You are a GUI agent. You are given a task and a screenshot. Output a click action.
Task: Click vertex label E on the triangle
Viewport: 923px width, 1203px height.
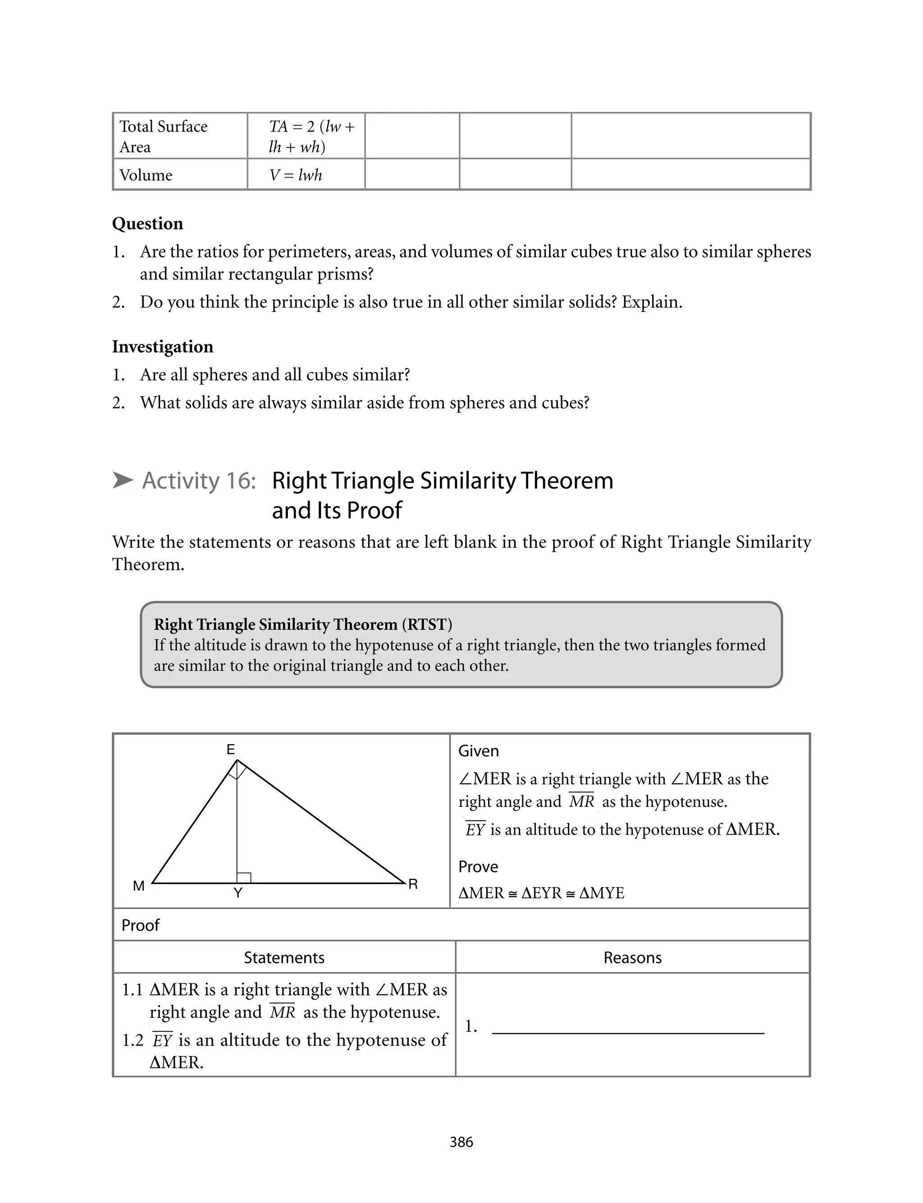(x=231, y=749)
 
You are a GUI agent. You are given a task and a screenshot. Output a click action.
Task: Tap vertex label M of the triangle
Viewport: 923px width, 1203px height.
(x=139, y=886)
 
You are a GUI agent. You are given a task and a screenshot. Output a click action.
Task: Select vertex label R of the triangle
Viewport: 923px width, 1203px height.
(x=413, y=884)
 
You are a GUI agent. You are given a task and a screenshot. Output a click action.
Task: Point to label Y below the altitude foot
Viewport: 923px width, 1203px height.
(x=238, y=893)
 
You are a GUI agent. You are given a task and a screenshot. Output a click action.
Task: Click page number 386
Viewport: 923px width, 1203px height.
(x=461, y=1142)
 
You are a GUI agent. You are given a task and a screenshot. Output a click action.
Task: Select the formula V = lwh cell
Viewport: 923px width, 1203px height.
(x=296, y=175)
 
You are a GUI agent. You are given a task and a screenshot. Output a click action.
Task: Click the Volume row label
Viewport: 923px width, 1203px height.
(x=146, y=175)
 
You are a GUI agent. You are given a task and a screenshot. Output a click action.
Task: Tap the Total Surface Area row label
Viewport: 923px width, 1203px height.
(x=163, y=137)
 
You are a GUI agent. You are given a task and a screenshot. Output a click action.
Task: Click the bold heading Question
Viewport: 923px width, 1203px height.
(x=147, y=224)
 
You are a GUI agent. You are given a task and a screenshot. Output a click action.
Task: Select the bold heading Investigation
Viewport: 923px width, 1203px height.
(x=163, y=347)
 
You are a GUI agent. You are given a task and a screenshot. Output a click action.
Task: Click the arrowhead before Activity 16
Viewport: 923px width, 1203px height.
(x=123, y=480)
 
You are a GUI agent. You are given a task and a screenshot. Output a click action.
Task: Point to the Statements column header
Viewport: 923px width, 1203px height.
(x=284, y=957)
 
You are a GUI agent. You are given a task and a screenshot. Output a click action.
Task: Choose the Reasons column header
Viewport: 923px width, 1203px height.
(x=632, y=957)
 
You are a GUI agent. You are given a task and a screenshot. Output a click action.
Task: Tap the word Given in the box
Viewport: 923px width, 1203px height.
(x=479, y=751)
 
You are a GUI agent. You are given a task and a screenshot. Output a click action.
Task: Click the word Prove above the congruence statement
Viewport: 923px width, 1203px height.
(x=478, y=866)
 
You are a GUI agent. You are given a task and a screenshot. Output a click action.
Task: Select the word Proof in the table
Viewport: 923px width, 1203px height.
(x=140, y=925)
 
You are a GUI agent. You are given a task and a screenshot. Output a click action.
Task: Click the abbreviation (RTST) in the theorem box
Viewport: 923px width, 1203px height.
(x=427, y=625)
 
